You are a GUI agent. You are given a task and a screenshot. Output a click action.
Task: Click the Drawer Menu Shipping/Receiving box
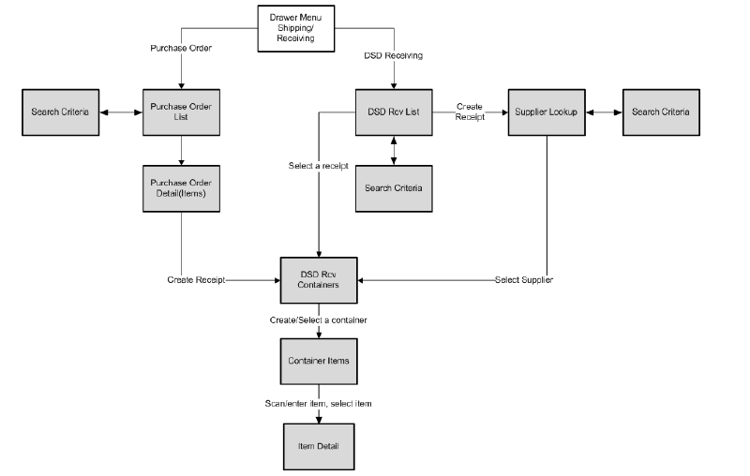tap(296, 28)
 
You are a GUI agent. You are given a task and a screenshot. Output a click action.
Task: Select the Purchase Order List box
tap(181, 112)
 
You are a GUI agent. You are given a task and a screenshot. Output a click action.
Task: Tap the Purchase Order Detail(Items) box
tap(181, 187)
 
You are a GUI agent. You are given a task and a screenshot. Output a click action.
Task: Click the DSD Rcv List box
tap(393, 112)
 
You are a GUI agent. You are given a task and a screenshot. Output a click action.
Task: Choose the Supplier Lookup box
tap(547, 112)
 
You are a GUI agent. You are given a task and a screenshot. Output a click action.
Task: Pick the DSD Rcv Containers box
tap(320, 279)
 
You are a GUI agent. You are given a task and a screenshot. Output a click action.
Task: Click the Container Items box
tap(320, 361)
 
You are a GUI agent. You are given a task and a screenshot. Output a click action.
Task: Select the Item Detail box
tap(320, 446)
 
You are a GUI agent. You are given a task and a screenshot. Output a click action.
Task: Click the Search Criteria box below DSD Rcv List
tap(393, 188)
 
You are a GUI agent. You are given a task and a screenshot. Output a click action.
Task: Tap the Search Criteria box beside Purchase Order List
tap(60, 112)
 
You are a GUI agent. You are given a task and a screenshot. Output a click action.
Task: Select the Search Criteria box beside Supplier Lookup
tap(660, 112)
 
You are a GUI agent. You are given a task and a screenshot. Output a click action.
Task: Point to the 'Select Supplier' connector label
tap(523, 280)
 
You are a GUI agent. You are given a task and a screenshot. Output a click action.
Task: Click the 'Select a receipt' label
tap(319, 166)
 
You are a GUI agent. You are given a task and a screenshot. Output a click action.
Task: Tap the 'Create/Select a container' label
tap(320, 320)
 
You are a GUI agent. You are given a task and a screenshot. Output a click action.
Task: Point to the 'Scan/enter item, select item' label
tap(320, 403)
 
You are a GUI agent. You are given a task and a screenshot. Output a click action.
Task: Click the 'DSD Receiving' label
tap(393, 55)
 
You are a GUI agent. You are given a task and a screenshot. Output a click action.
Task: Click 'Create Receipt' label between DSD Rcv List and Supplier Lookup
tap(469, 111)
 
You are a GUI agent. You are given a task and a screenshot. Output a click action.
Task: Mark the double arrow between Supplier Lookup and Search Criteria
tap(604, 112)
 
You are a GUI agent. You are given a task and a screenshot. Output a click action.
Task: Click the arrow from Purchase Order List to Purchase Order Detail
tap(181, 149)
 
